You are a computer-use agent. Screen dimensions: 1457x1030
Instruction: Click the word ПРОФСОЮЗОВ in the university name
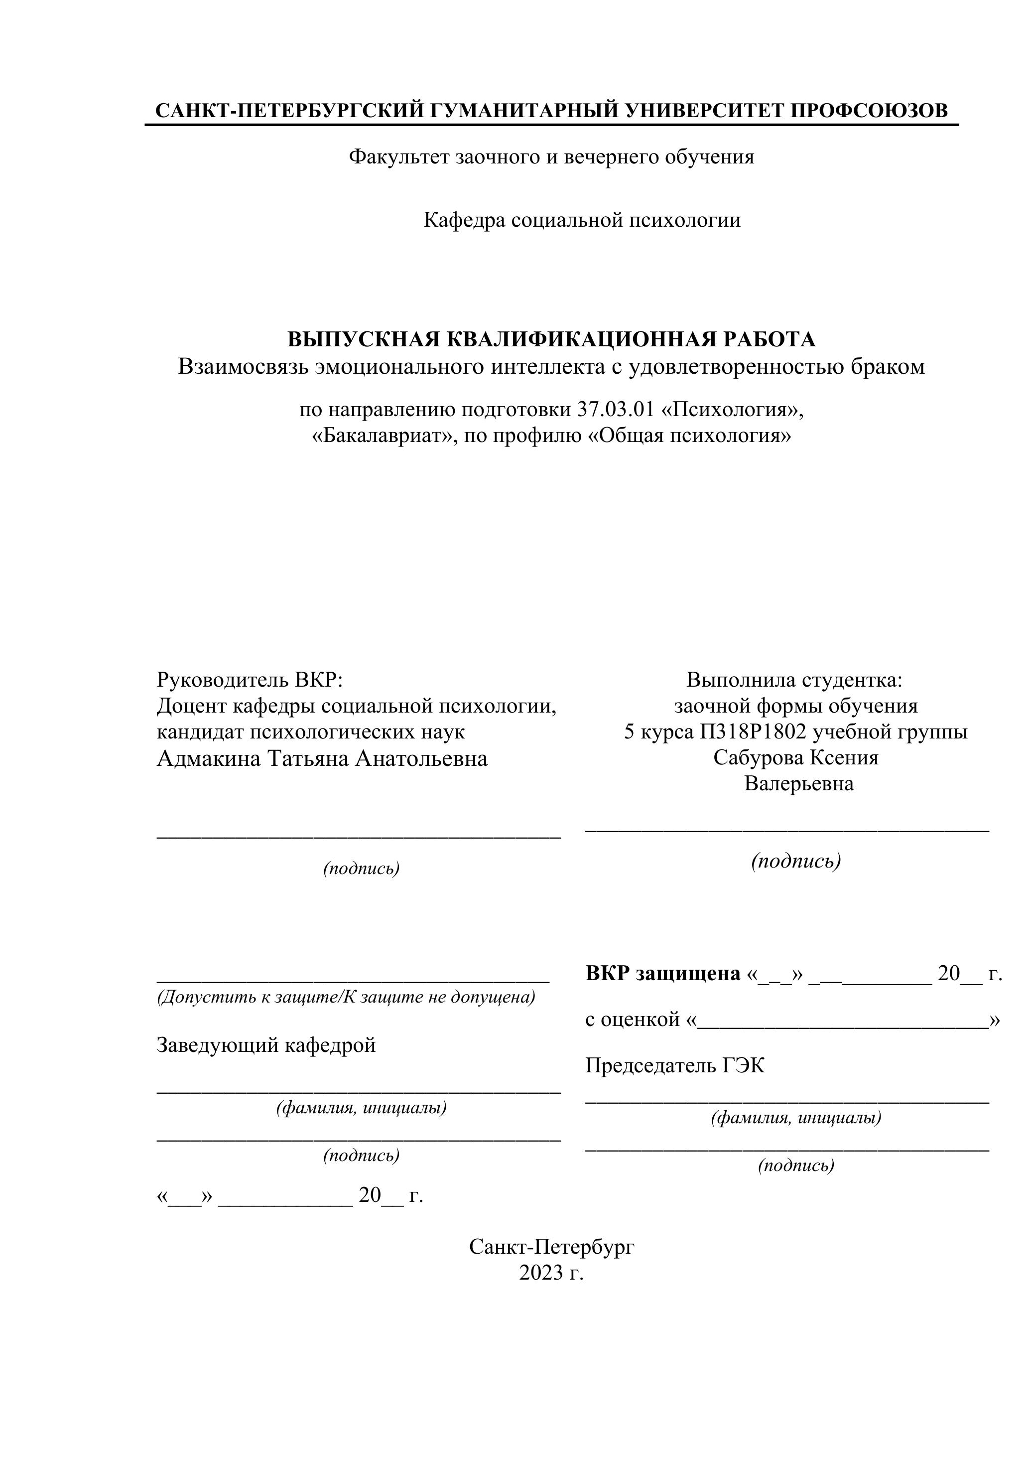(x=868, y=111)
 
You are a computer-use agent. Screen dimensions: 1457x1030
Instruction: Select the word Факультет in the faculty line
(x=399, y=157)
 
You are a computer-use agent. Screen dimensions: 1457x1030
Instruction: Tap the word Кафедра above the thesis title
(x=464, y=220)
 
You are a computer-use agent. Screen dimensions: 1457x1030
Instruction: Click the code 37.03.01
(x=615, y=410)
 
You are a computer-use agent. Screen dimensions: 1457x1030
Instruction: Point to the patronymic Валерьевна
(x=798, y=784)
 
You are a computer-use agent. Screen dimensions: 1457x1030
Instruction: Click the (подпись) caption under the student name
(x=796, y=861)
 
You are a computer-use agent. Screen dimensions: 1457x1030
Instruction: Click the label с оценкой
(x=633, y=1020)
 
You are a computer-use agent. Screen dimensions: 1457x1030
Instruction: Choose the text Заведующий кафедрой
(x=266, y=1044)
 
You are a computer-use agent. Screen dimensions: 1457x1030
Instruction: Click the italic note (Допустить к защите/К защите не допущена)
(x=346, y=997)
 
